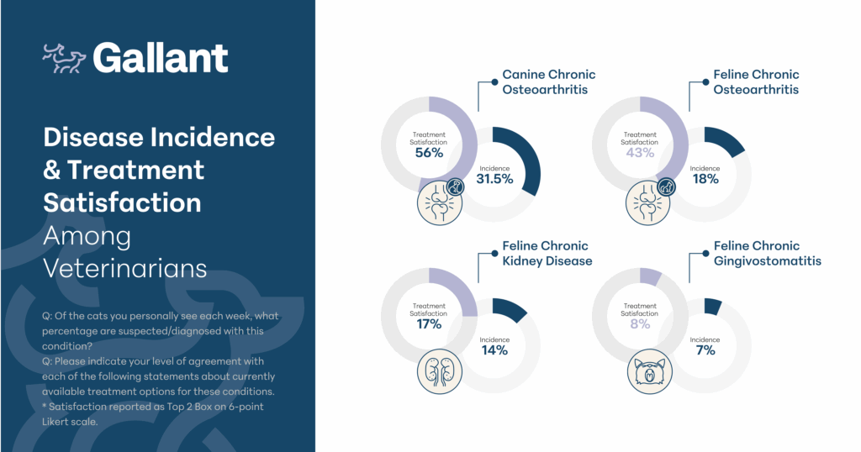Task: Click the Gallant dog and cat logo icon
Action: pos(64,59)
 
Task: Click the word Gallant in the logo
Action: pos(161,58)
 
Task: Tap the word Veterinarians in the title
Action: pos(125,268)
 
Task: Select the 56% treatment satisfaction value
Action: pos(429,153)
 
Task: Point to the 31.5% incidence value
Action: pos(494,179)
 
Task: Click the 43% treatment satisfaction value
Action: pos(640,153)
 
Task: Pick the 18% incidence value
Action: pos(705,179)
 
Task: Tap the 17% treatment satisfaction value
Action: pos(429,324)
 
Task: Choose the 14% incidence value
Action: pos(494,350)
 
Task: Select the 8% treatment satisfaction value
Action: pos(640,324)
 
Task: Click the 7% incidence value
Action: pos(705,350)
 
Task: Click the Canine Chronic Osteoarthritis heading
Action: pos(548,81)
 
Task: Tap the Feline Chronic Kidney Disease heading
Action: pos(547,254)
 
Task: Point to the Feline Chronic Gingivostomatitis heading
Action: pos(767,254)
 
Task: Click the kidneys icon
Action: pos(439,371)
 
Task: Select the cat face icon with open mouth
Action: pos(650,371)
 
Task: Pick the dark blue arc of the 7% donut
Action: pos(713,306)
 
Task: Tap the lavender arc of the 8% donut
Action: pos(651,276)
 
